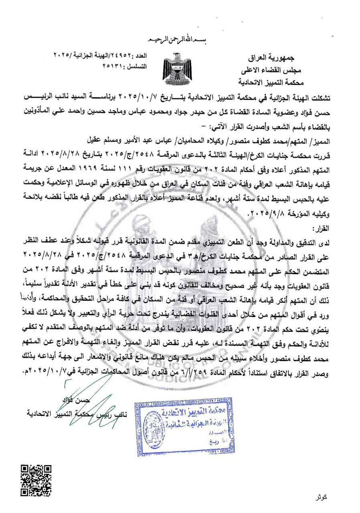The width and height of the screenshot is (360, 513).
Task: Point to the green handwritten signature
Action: click(x=89, y=401)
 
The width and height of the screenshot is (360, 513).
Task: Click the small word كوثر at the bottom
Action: click(x=321, y=497)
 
